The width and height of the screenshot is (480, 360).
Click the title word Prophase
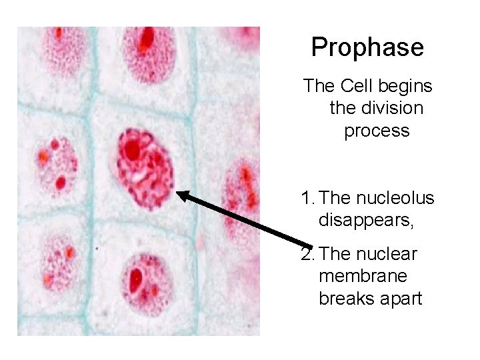[x=367, y=47]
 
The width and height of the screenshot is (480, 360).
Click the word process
[x=377, y=131]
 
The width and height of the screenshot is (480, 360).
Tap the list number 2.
[x=307, y=254]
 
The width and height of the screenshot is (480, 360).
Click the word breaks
[x=344, y=299]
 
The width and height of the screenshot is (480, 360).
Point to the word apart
[x=397, y=299]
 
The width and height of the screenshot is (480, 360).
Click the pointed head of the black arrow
[x=180, y=194]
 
